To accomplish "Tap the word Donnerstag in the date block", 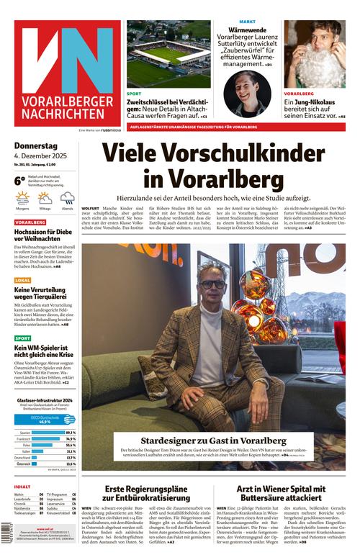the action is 37,146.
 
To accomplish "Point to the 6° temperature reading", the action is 20,181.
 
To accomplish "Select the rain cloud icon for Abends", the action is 67,198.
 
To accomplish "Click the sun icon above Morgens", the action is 23,198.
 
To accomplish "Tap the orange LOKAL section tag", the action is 23,280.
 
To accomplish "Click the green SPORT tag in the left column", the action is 23,338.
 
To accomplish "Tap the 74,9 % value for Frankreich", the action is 71,438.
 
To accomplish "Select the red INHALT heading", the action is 22,487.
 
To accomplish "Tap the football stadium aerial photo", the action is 168,53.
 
